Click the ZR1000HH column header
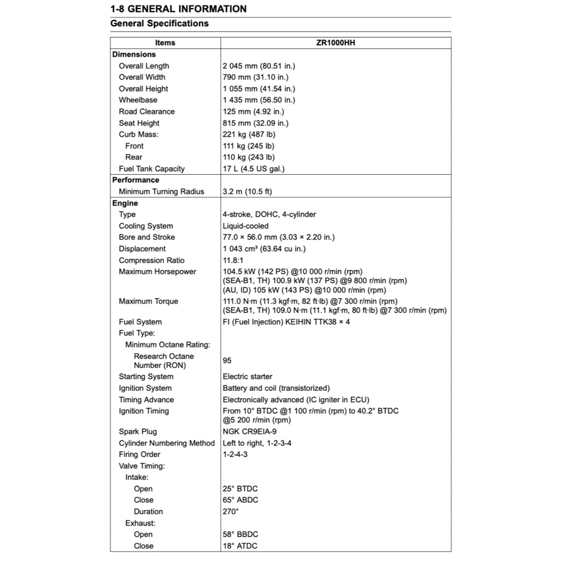click(x=336, y=43)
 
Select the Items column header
click(x=165, y=43)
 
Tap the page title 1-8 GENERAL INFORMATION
click(x=179, y=9)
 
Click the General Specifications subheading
click(x=159, y=24)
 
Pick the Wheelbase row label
click(x=138, y=100)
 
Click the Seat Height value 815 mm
click(x=255, y=123)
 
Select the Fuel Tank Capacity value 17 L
click(x=254, y=169)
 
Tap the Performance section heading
click(x=136, y=180)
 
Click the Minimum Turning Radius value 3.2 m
click(x=247, y=192)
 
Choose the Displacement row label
click(x=142, y=249)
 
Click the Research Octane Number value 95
click(x=227, y=360)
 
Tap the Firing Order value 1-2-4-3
click(x=235, y=454)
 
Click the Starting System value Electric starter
click(x=248, y=376)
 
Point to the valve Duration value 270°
click(x=231, y=511)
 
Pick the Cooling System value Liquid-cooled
click(x=245, y=226)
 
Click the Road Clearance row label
click(x=147, y=111)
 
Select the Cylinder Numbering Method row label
click(x=167, y=443)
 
